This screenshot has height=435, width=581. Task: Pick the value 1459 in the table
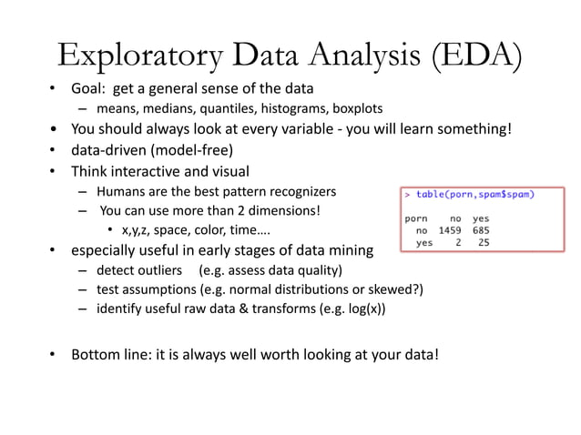pyautogui.click(x=450, y=230)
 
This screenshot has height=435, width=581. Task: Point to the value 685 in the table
pyautogui.click(x=480, y=230)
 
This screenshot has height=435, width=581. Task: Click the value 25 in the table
pyautogui.click(x=483, y=242)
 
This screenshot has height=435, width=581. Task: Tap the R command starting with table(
pyautogui.click(x=474, y=195)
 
